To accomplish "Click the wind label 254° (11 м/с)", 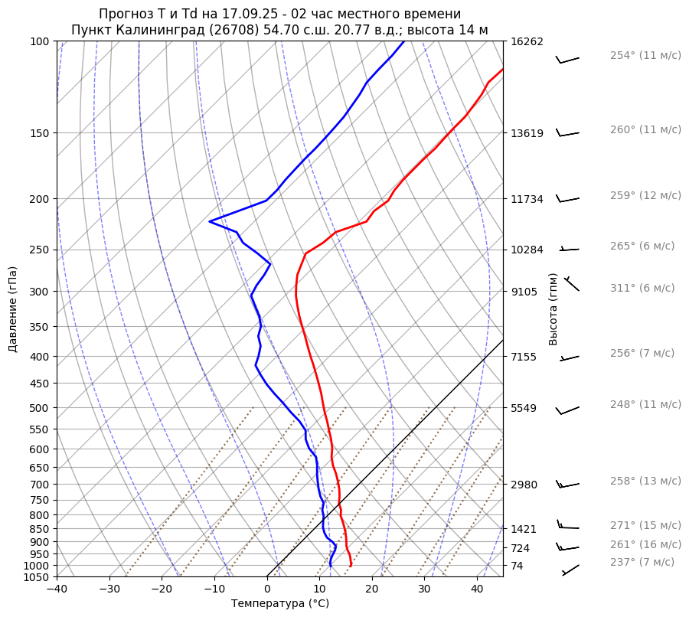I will [x=645, y=56].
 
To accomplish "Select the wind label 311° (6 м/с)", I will [x=642, y=289].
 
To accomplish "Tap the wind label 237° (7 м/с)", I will [x=642, y=563].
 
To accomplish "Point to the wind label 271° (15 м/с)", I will [x=645, y=526].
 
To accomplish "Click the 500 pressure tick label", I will [x=40, y=408].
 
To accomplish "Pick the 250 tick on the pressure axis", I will [x=40, y=250].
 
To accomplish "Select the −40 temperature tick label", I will [x=57, y=589].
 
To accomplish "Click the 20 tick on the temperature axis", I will [x=372, y=589].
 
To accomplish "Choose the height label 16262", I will [x=527, y=42].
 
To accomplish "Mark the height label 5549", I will [x=524, y=408].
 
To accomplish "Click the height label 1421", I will [x=524, y=529].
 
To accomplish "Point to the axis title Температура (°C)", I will [x=280, y=604].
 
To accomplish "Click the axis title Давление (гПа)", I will [x=13, y=309].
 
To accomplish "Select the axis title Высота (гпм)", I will [x=553, y=309].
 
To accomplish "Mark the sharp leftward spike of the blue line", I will [x=210, y=221].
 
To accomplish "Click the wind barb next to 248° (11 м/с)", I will [x=568, y=411].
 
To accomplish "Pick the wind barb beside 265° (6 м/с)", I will [x=570, y=249].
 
